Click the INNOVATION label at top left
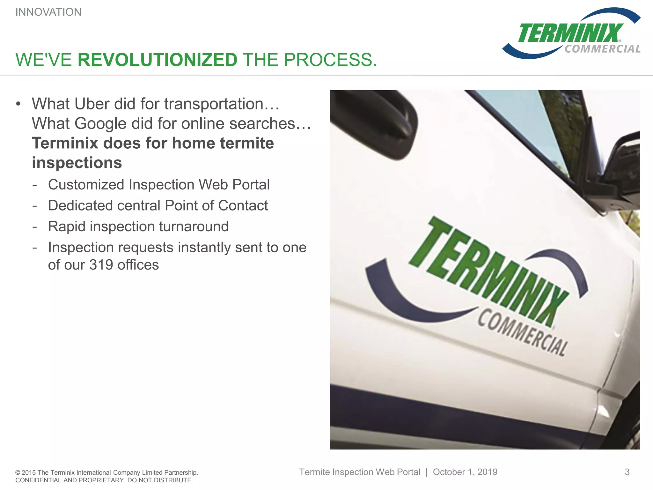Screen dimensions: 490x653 [48, 12]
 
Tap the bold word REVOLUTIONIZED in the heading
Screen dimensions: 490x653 [158, 60]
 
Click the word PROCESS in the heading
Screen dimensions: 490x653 [330, 60]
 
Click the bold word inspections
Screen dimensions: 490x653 [77, 163]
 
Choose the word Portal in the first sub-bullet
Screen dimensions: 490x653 [251, 185]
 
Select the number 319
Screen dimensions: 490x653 [101, 265]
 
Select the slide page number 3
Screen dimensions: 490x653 [627, 472]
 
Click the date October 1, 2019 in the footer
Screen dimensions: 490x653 [465, 472]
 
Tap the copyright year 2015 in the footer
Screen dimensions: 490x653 [29, 472]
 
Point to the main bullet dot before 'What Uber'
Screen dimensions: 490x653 [18, 104]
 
